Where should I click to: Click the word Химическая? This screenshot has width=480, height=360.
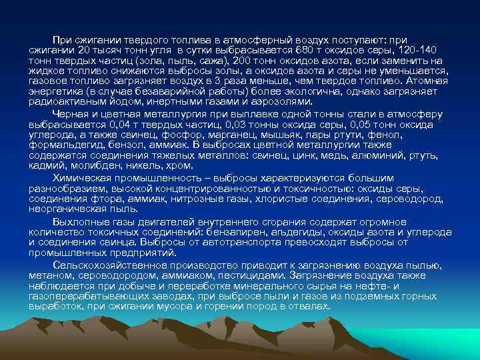pyautogui.click(x=81, y=179)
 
